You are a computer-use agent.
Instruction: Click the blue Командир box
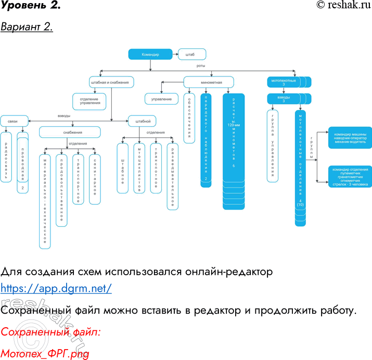pos(150,54)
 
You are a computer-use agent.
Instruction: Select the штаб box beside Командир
pos(191,54)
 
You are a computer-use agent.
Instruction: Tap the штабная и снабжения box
pos(112,82)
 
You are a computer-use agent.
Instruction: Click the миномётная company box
pos(211,82)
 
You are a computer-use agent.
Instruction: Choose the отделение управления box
pos(89,100)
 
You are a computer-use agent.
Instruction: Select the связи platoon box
pos(13,121)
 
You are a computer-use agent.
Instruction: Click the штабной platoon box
pos(143,121)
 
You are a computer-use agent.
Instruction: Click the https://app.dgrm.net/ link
pos(56,287)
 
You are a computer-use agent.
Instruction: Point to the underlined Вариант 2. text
pos(27,27)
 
